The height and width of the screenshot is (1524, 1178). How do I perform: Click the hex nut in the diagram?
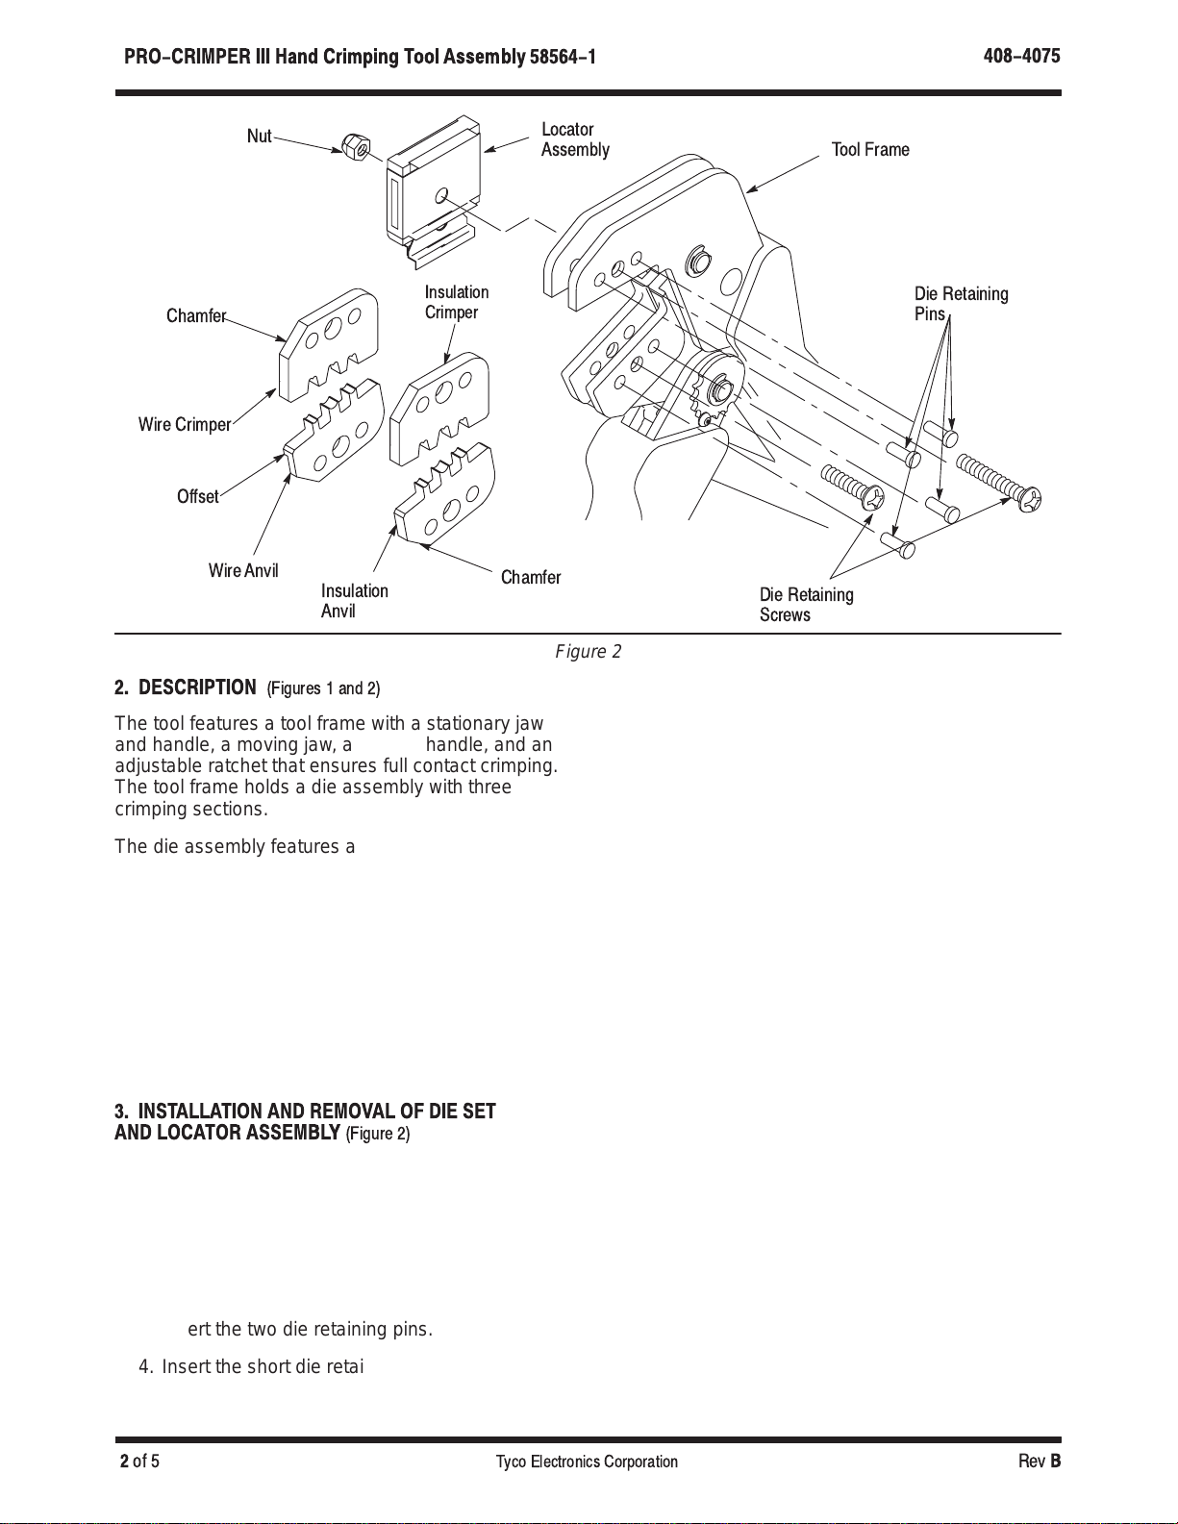click(x=356, y=146)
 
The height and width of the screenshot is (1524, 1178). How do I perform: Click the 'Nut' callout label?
click(x=259, y=137)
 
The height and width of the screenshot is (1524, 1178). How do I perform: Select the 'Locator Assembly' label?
click(x=575, y=139)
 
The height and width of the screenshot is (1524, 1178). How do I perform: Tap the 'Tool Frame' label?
click(x=870, y=149)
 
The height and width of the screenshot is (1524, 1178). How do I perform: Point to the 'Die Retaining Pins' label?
click(x=961, y=304)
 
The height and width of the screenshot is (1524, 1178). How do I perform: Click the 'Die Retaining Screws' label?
click(x=807, y=605)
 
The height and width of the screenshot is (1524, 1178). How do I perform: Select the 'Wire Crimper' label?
click(x=185, y=424)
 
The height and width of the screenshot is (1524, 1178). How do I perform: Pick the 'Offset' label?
click(x=198, y=496)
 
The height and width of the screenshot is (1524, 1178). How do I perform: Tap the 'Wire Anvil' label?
click(x=243, y=570)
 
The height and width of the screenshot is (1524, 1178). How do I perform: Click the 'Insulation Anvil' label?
click(x=354, y=601)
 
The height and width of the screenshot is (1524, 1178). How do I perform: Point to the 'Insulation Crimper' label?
click(x=457, y=302)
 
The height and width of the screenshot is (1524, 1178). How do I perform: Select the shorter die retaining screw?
click(x=853, y=488)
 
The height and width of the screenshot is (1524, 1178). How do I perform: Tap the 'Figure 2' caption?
click(x=588, y=652)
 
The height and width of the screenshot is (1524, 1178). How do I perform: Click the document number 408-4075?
click(x=1021, y=56)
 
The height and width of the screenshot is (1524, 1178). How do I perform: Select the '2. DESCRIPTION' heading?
click(x=185, y=687)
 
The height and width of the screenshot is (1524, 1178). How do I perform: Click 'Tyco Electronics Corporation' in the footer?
click(x=587, y=1462)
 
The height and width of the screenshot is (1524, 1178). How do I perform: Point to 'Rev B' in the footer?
click(x=1040, y=1461)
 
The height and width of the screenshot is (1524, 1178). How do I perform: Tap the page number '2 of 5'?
click(x=139, y=1461)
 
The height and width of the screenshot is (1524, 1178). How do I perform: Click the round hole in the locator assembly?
click(x=442, y=194)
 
